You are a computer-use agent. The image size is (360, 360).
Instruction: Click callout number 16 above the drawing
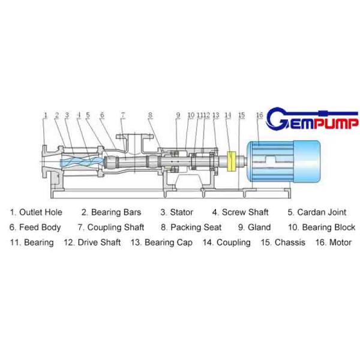coord(259,115)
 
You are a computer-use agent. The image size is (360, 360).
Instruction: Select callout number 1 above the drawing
coord(45,115)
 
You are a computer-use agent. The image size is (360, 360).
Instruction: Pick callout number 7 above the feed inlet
coord(122,115)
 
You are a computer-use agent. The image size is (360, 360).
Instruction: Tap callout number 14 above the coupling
coord(228,115)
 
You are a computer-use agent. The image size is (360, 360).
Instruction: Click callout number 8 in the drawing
coord(151,115)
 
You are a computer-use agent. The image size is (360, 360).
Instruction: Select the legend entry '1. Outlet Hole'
coord(36,212)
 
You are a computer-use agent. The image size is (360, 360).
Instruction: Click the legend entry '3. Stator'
coord(176,212)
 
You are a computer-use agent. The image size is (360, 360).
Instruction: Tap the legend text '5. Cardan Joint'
coord(317,212)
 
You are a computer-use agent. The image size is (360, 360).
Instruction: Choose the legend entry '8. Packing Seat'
coord(191,227)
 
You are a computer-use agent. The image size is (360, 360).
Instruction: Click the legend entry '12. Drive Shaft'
coord(92,242)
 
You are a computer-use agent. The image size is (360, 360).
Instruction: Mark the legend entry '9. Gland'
coord(254,227)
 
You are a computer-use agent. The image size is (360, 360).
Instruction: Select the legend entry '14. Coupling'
coord(226,242)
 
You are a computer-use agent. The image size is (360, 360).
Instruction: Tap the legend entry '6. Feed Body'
coord(35,227)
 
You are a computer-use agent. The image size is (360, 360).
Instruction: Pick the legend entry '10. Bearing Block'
coord(321,227)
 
